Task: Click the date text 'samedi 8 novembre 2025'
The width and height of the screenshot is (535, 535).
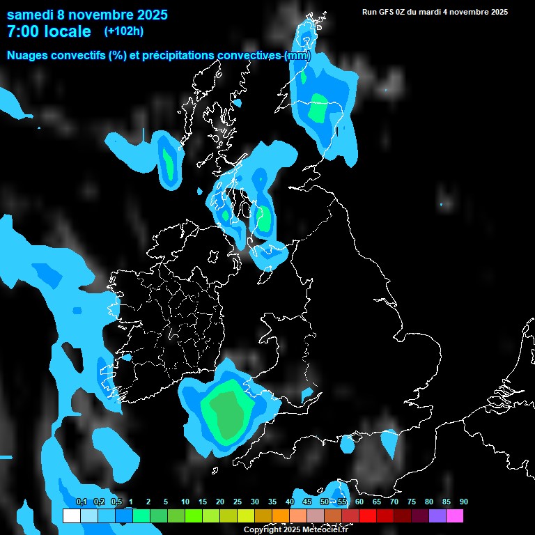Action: pos(87,14)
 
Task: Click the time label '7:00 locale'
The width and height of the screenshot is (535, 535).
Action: pos(49,31)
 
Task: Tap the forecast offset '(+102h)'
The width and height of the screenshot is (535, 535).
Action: pos(123,31)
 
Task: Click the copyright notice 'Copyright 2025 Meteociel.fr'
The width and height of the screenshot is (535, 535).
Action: pos(295,529)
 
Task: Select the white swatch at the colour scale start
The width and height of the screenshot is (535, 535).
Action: pos(71,516)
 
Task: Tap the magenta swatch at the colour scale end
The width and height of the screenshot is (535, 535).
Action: pos(454,516)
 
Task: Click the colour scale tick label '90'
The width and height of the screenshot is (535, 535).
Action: pos(463,502)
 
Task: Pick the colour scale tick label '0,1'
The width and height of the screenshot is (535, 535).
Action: pos(81,502)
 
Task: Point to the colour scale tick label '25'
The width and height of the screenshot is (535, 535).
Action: pos(237,502)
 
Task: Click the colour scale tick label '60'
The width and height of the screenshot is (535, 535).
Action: pos(359,502)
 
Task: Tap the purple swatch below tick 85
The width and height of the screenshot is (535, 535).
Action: pos(437,516)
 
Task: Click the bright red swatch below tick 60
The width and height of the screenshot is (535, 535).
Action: pos(367,516)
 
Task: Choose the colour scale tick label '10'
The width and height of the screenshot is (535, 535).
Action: pos(185,502)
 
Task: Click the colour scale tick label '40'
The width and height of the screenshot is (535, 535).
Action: pos(289,502)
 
